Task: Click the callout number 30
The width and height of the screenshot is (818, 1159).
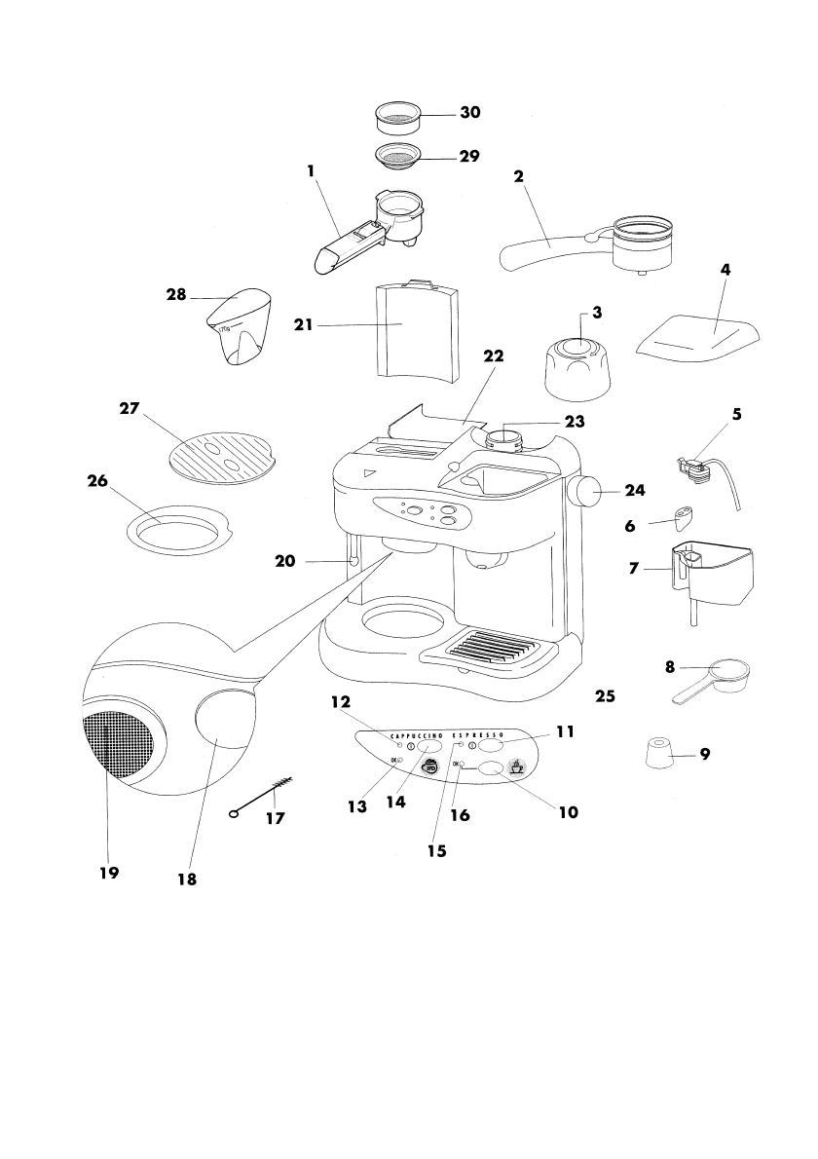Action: click(x=470, y=113)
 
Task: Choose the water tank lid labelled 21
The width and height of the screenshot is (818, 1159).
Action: click(x=416, y=331)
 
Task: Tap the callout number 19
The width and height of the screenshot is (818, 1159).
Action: click(x=108, y=873)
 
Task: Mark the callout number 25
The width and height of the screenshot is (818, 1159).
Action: click(x=605, y=697)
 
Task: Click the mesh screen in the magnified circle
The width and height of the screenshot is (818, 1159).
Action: click(x=114, y=744)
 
